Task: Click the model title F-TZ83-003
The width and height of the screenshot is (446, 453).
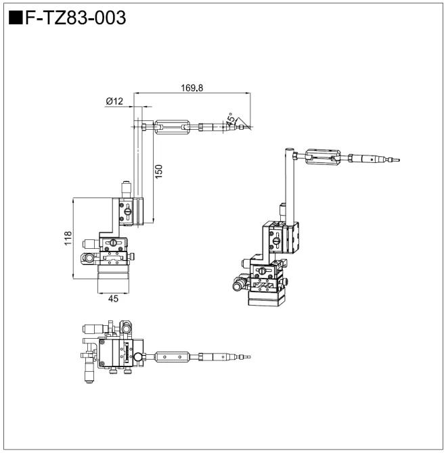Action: pos(75,18)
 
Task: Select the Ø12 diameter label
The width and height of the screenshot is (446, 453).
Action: pos(114,101)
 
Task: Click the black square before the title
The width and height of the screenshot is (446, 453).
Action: pos(16,18)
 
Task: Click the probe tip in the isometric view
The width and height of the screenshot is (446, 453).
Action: pos(397,160)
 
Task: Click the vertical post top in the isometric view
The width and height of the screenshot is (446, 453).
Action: pos(287,150)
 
